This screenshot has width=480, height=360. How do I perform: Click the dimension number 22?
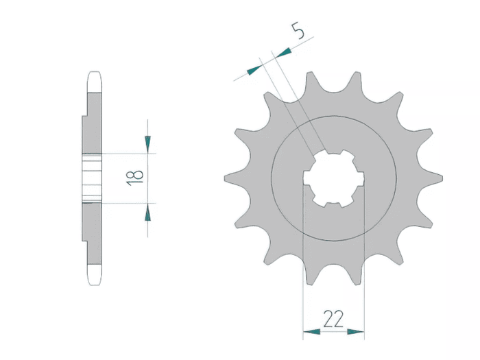(333, 319)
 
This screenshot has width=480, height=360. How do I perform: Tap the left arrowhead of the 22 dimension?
(311, 331)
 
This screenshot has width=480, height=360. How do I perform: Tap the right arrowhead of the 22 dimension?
(356, 331)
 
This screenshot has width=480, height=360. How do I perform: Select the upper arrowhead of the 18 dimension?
(147, 144)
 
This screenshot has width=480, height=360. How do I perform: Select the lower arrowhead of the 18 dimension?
(147, 212)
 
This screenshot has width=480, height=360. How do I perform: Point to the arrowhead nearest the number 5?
(283, 53)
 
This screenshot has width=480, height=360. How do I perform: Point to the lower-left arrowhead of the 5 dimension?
(254, 70)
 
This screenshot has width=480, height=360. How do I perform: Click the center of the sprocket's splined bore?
(334, 178)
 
